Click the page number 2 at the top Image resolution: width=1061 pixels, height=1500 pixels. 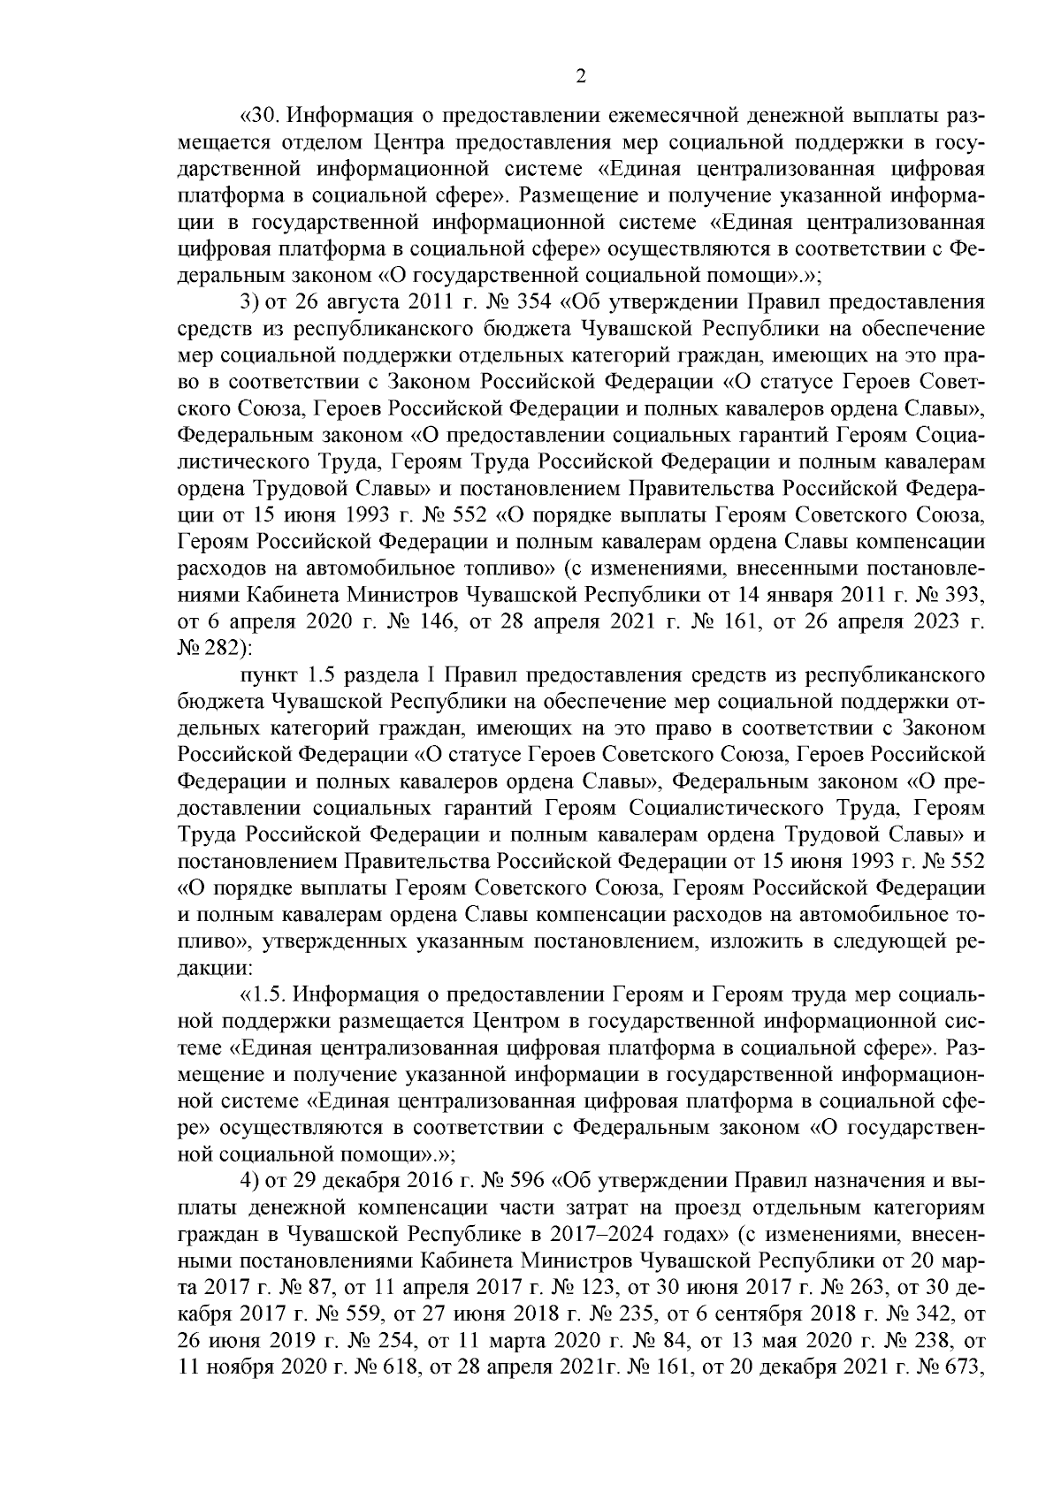[x=580, y=77]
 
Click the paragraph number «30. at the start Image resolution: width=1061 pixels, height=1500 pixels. [x=262, y=117]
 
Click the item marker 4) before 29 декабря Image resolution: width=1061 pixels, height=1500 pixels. [x=250, y=1181]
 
